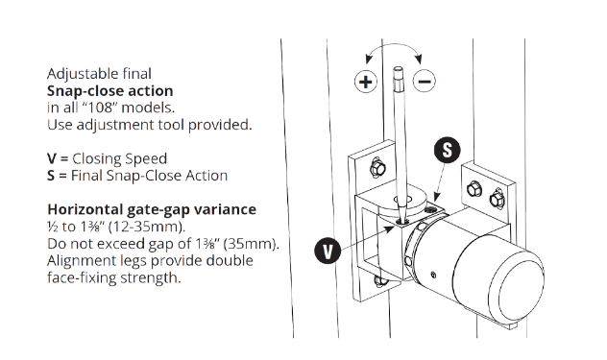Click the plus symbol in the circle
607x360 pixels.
point(365,82)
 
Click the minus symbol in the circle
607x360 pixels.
point(425,82)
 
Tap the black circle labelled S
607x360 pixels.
point(448,150)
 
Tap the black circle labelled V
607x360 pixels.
point(328,251)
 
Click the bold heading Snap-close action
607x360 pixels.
point(109,91)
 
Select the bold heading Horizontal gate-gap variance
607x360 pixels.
point(152,209)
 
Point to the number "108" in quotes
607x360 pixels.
point(98,108)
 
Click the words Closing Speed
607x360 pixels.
point(120,158)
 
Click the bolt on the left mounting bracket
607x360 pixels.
point(377,168)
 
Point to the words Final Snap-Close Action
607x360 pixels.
point(149,176)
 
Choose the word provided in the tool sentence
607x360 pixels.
point(220,125)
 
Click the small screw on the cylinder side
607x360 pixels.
point(433,275)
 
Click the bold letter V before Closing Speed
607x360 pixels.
point(52,158)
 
